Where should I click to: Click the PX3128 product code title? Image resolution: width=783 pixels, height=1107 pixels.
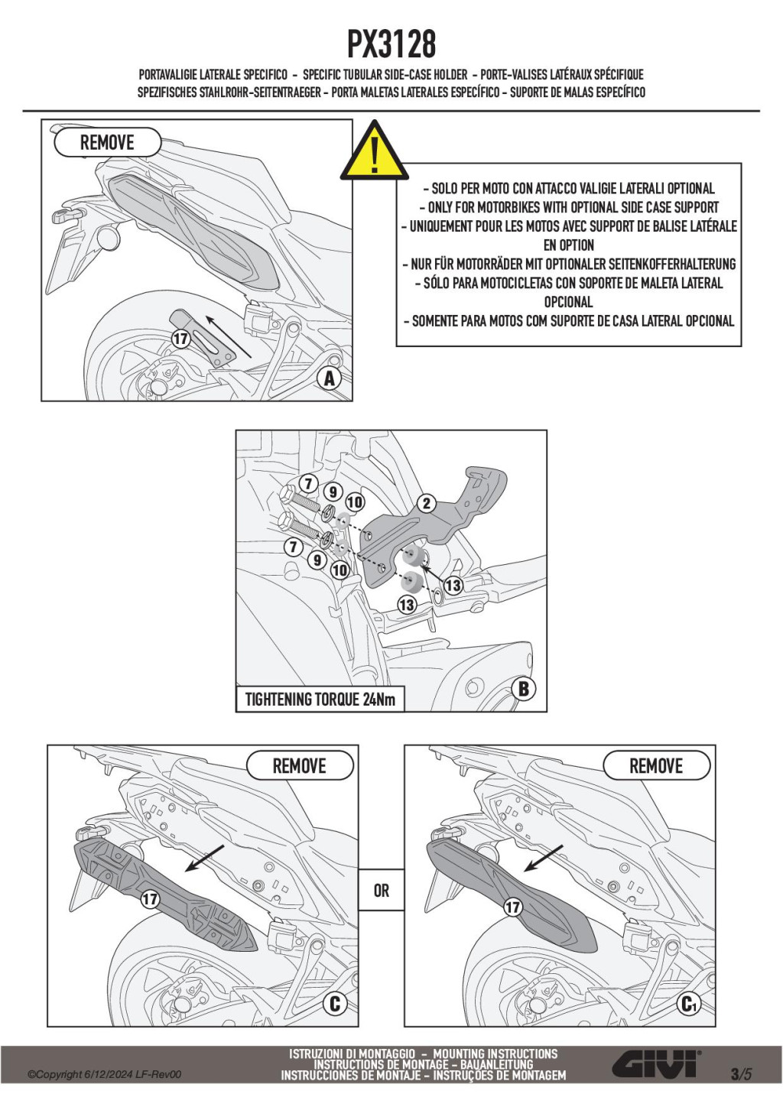(x=391, y=44)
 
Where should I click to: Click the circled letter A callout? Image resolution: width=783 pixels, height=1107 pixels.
(x=330, y=378)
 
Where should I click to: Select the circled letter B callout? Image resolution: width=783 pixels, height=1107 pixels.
(x=524, y=689)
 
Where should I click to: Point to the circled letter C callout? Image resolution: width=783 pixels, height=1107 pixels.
(x=334, y=1003)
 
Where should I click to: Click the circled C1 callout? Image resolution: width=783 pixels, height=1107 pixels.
(x=690, y=1004)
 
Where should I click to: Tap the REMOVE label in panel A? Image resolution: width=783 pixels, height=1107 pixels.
(x=107, y=143)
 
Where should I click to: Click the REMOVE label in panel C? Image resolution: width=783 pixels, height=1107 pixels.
(x=300, y=766)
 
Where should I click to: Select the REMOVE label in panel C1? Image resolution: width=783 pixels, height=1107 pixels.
(x=656, y=766)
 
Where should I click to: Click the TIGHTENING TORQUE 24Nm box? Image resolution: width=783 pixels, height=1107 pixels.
(x=320, y=700)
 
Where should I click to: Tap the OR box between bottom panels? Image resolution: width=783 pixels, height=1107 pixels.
(x=382, y=891)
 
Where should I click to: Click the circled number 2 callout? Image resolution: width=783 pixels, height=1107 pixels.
(x=427, y=503)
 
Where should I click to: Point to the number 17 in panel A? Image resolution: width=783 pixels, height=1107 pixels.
(x=180, y=339)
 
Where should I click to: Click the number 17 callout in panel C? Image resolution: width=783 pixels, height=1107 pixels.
(x=150, y=899)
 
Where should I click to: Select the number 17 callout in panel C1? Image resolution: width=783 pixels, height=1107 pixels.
(x=512, y=907)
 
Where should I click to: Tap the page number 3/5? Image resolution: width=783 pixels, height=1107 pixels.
(x=741, y=1073)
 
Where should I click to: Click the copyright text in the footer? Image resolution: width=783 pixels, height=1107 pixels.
(x=105, y=1075)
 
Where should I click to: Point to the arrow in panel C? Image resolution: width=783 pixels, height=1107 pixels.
(x=204, y=858)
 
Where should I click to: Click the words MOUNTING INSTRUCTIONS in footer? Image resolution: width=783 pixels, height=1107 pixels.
(x=495, y=1053)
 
